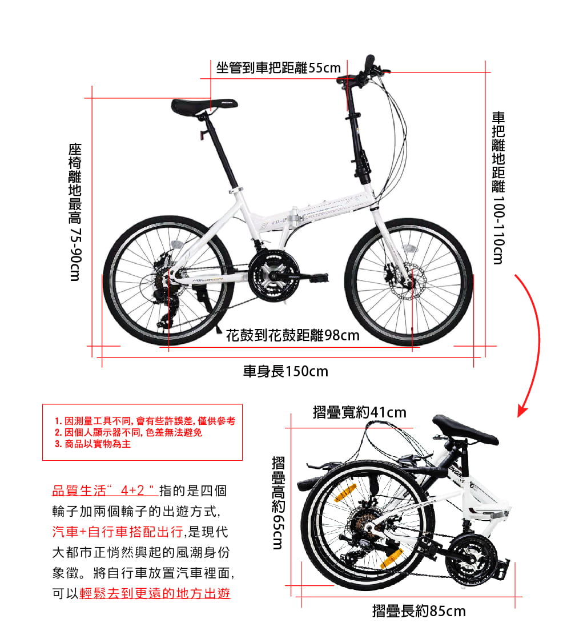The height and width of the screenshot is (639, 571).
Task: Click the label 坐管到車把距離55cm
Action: click(x=278, y=69)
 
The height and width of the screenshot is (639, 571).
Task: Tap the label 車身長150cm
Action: click(x=285, y=372)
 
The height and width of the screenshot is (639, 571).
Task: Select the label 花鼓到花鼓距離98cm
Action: click(x=292, y=335)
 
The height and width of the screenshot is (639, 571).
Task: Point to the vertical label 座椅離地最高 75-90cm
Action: click(x=74, y=211)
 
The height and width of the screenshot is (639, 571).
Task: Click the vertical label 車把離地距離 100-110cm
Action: click(x=498, y=188)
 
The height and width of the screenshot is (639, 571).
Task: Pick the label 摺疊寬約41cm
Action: click(x=360, y=412)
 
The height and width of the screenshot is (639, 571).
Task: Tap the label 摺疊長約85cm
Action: click(x=419, y=611)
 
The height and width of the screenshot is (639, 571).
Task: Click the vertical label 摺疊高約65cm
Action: click(x=278, y=503)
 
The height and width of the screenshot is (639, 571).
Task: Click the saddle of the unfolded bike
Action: click(x=203, y=106)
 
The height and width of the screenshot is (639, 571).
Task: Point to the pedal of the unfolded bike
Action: click(x=317, y=278)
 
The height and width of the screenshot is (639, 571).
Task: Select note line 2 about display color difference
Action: click(x=128, y=432)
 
